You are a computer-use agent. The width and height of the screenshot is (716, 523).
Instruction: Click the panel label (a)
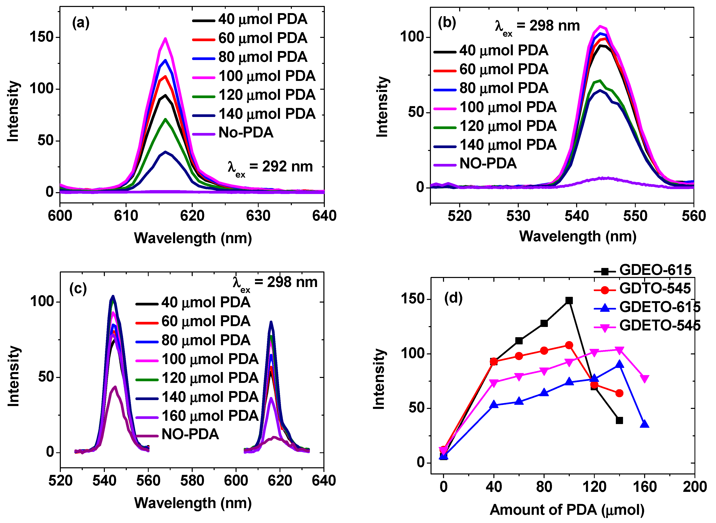[81, 23]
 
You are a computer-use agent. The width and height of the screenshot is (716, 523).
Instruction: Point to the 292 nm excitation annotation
[270, 167]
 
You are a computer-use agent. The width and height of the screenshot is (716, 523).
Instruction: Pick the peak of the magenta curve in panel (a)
[165, 39]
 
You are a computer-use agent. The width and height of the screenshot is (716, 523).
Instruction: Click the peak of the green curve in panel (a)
[165, 119]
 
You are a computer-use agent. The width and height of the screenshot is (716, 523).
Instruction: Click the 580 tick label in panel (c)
[192, 481]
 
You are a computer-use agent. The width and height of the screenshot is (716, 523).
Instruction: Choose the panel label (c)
[78, 288]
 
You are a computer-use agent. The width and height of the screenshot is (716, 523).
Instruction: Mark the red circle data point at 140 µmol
[620, 393]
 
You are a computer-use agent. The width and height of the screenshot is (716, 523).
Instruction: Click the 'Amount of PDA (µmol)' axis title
[567, 510]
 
